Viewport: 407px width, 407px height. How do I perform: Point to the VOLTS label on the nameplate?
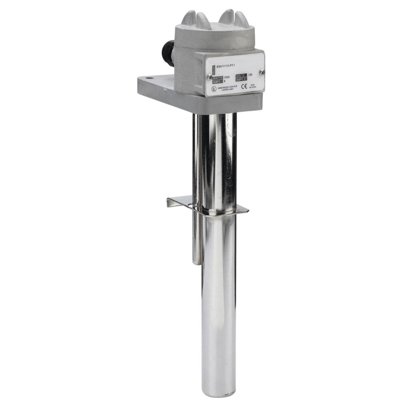pos(242,74)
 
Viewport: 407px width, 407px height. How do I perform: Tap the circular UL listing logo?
pos(211,88)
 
